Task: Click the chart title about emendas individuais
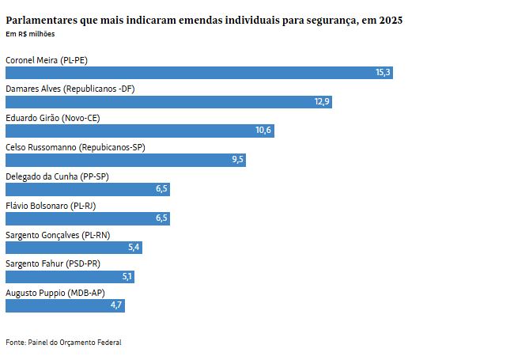(204, 20)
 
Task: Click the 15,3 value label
(383, 73)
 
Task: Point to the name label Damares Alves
(70, 89)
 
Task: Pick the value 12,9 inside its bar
(322, 102)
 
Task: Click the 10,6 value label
(263, 131)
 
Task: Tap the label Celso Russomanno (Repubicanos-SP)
(75, 147)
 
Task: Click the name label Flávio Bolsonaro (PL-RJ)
(61, 206)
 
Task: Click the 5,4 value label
(134, 248)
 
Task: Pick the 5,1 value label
(127, 277)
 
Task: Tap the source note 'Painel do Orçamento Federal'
(63, 342)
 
